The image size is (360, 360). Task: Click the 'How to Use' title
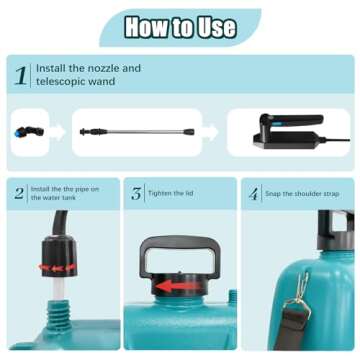point(180,28)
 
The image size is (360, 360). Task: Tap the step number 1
point(21,75)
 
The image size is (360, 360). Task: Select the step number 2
point(19,193)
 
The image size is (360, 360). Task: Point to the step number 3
point(136,194)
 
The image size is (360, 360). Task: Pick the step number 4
point(253,194)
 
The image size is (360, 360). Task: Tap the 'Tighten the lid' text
point(171,193)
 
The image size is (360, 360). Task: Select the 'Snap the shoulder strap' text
point(302,194)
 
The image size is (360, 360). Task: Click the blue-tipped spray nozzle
point(29,132)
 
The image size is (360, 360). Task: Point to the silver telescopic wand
point(137,132)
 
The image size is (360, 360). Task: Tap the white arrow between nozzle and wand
point(58,132)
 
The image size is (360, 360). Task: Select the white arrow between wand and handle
point(210,132)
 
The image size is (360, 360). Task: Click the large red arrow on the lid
point(175,286)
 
